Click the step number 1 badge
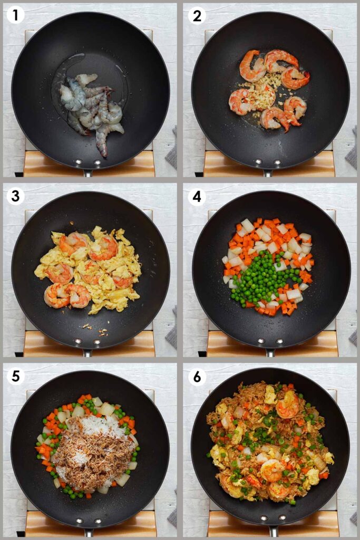15,16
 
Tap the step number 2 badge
197,16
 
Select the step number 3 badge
15,196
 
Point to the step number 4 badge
197,196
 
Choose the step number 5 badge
15,377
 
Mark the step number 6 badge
197,377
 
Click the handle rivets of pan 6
270,523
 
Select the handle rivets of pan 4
270,342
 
